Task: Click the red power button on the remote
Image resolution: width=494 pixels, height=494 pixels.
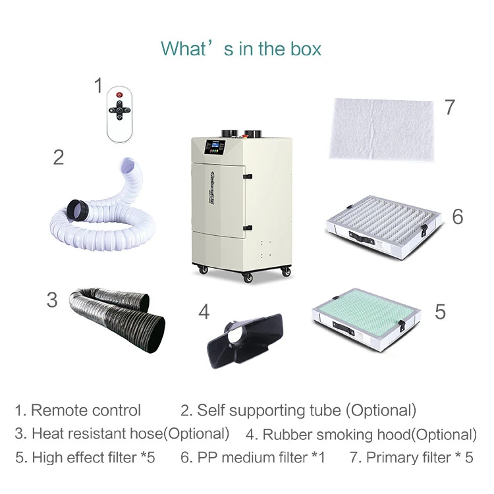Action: tap(119, 96)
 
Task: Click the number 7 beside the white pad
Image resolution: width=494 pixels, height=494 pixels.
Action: tap(450, 107)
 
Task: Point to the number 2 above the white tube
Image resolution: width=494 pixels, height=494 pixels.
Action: tap(59, 157)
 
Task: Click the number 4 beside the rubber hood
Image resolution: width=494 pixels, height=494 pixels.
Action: tap(204, 311)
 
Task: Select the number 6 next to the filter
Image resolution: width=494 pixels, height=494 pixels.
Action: tap(457, 216)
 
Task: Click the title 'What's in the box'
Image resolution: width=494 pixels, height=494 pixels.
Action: tap(241, 48)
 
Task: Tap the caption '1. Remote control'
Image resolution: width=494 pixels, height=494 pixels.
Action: tap(78, 410)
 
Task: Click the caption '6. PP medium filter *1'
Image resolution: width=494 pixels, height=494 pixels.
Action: tap(253, 456)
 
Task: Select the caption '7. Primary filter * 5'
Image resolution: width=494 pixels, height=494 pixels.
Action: tap(411, 456)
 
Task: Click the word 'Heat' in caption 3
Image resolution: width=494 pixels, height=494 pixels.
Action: tap(47, 433)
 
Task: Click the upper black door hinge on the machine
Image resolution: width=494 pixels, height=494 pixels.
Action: tap(248, 175)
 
